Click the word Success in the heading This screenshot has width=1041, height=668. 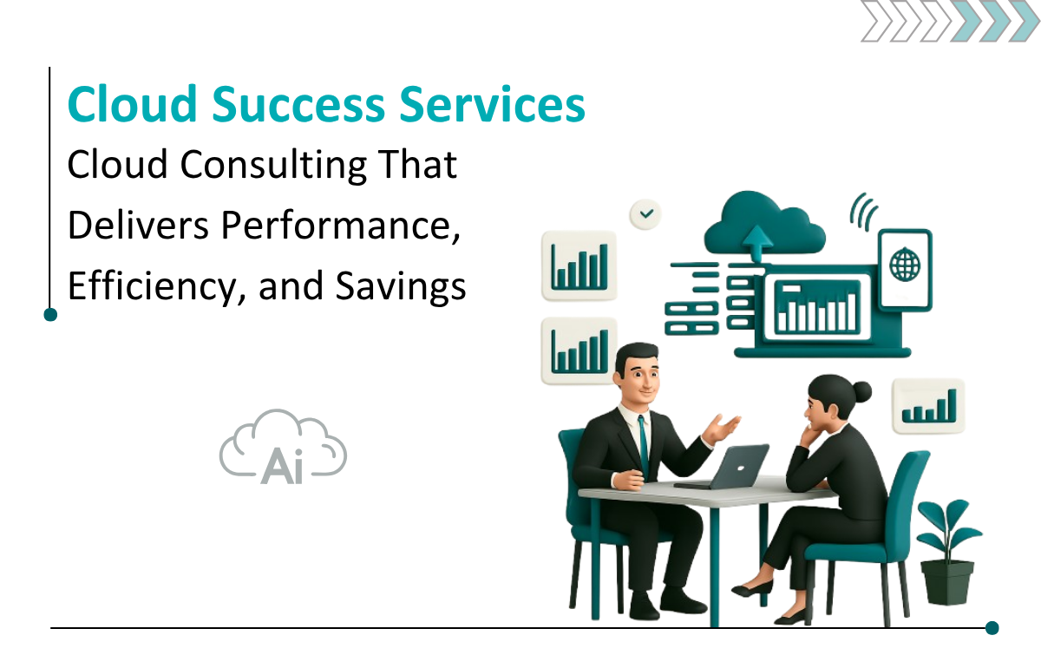[x=298, y=105]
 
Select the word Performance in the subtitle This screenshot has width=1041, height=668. [x=341, y=226]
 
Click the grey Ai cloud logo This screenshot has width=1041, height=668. [x=283, y=447]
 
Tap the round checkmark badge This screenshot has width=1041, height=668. [x=646, y=213]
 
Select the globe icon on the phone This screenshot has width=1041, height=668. [x=904, y=265]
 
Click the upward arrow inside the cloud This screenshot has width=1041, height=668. [x=757, y=244]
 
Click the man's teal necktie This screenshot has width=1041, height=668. [x=643, y=446]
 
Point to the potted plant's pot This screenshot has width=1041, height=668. [x=946, y=582]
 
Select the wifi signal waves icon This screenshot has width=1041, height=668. [x=863, y=212]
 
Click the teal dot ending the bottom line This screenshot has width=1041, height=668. [x=992, y=628]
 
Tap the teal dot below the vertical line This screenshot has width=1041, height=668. [x=50, y=315]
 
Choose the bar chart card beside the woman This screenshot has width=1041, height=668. [x=928, y=406]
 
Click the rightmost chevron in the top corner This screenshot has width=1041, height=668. [x=1025, y=22]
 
